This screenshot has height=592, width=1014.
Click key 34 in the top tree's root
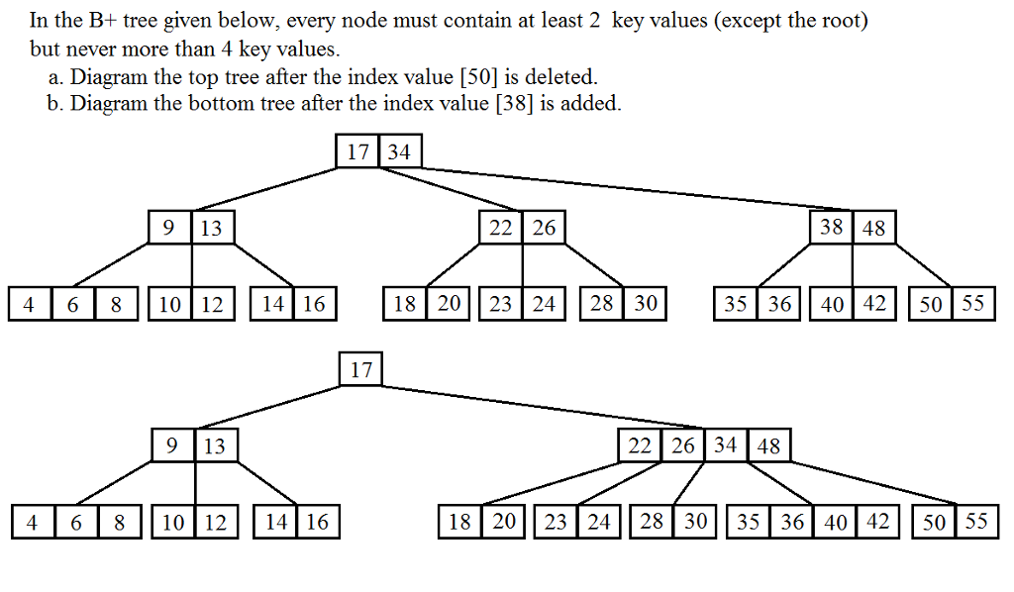(x=400, y=151)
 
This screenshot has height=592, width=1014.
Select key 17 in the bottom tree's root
(x=361, y=369)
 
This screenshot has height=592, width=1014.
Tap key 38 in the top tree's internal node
(x=831, y=228)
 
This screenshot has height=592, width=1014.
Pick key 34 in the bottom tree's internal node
(x=726, y=445)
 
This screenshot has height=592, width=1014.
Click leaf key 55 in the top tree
(x=972, y=304)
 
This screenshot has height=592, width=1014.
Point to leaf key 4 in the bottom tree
(x=33, y=522)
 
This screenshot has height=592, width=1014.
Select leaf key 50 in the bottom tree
(x=934, y=522)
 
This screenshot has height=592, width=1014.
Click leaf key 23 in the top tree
(x=501, y=304)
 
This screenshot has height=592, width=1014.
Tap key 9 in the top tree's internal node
(x=169, y=229)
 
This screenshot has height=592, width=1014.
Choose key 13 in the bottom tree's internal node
(x=215, y=446)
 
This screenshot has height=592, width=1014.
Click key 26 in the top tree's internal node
(x=544, y=229)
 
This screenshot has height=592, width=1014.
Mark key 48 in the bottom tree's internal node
(x=769, y=446)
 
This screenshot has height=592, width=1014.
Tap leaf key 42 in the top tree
(x=873, y=304)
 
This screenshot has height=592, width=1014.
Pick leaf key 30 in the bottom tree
(x=696, y=522)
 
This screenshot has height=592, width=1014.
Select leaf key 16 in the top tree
(x=314, y=304)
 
